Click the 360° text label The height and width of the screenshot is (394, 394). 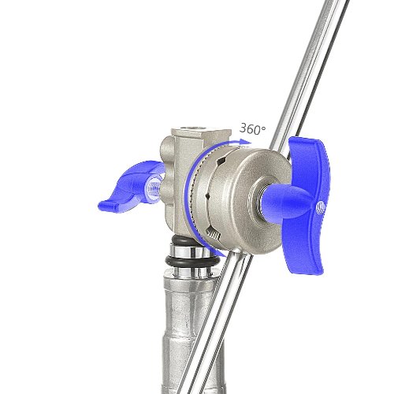[x=252, y=128]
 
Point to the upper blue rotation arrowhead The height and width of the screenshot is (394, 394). [x=246, y=142]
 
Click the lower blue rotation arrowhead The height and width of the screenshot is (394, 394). [x=223, y=254]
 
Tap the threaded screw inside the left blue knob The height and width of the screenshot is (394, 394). [x=155, y=189]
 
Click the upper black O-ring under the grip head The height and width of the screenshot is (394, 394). [x=184, y=240]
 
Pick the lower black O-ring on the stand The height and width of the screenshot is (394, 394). [x=192, y=262]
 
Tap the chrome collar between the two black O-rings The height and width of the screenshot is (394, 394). [x=191, y=251]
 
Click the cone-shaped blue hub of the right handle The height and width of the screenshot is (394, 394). [x=286, y=203]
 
